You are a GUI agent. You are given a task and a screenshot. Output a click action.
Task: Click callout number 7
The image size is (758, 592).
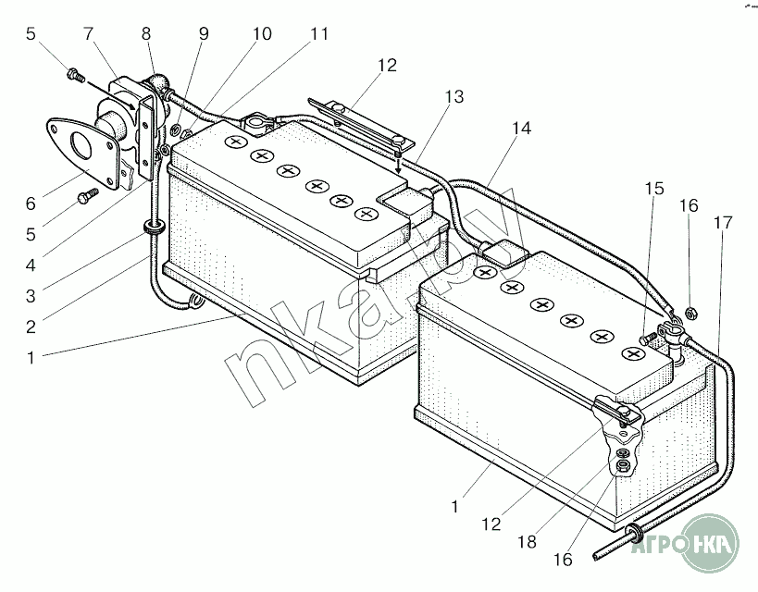(88, 34)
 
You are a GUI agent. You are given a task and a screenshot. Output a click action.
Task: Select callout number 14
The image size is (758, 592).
(521, 128)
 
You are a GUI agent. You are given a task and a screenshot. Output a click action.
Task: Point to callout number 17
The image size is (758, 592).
(723, 223)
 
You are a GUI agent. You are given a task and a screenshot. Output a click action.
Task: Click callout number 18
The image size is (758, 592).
(527, 542)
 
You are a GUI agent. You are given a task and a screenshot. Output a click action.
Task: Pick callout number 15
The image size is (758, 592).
(654, 189)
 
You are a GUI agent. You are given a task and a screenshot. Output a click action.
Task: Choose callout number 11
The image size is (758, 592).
(318, 34)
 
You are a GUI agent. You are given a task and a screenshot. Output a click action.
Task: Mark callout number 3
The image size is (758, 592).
(31, 296)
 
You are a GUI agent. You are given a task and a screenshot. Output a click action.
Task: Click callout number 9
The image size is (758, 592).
(204, 34)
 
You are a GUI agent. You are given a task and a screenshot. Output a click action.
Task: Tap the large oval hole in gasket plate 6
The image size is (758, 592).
(80, 145)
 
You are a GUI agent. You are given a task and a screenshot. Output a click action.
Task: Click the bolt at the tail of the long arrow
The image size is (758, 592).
(74, 75)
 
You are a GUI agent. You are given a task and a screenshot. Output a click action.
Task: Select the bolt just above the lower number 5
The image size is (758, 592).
(87, 196)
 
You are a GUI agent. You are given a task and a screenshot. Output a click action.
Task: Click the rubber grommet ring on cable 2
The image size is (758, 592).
(153, 227)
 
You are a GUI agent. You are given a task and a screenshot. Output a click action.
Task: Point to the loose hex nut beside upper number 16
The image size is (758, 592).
(691, 313)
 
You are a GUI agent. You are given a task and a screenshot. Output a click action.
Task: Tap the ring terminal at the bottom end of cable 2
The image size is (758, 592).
(196, 302)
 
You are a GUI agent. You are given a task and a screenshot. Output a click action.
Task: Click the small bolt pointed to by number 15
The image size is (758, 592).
(648, 339)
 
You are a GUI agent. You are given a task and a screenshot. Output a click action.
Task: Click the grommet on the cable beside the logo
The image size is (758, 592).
(634, 532)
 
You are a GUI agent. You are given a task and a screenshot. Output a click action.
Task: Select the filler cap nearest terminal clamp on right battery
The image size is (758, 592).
(633, 354)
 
